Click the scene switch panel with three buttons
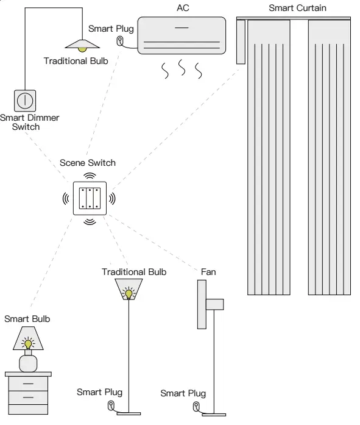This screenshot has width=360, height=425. pos(90,198)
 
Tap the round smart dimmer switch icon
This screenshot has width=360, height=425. pos(26,100)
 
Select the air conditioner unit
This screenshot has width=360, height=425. pos(181,35)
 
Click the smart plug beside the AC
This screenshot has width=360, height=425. pos(121,41)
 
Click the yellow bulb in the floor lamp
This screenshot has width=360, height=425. pos(129,294)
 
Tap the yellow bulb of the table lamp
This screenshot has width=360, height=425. pos(28,344)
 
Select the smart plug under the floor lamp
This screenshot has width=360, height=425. pos(111,405)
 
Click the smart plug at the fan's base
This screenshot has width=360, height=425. pos(196,406)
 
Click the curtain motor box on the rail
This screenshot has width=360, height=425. pos(240,41)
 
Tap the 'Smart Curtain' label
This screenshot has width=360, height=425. pos(297,8)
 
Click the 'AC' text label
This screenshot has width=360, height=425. pos(182,8)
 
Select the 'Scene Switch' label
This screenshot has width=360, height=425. pos(88,163)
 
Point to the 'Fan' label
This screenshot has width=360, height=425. pos(208,271)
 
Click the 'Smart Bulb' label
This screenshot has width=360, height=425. pos(27,318)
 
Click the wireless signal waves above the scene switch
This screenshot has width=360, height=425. pos(90,176)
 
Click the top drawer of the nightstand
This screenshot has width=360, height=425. pos(28,385)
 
